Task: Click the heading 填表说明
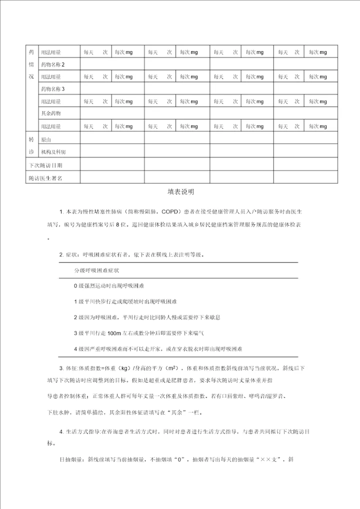click(180, 191)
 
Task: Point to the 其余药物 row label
click(51, 113)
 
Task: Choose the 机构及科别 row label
click(53, 151)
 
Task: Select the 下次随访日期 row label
click(46, 164)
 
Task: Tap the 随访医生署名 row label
click(46, 177)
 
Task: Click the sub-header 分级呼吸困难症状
click(96, 270)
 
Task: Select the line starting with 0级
click(108, 286)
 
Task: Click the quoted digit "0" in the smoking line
click(172, 459)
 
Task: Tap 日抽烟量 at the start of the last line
click(70, 459)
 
